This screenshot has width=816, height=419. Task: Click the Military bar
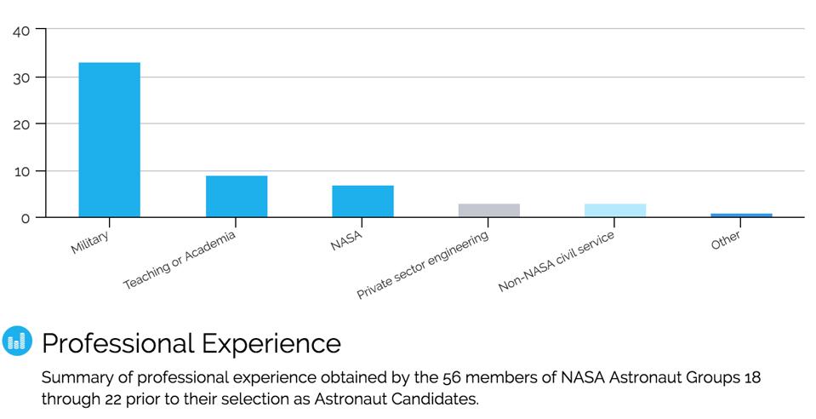[x=109, y=140]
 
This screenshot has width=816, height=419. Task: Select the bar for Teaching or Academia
[x=236, y=197]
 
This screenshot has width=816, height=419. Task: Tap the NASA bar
[x=362, y=201]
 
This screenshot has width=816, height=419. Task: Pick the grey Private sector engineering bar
[x=488, y=210]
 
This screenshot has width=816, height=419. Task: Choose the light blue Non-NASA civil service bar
[x=615, y=210]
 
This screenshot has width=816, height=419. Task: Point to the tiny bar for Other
[x=741, y=215]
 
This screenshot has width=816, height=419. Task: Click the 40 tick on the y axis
[x=21, y=31]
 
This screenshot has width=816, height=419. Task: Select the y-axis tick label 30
[x=21, y=77]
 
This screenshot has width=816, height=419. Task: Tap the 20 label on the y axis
[x=21, y=124]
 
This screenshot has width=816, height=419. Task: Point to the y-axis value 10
[x=22, y=171]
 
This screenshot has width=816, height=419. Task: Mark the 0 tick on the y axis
[x=25, y=218]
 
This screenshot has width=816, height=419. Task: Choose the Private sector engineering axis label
[x=423, y=265]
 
